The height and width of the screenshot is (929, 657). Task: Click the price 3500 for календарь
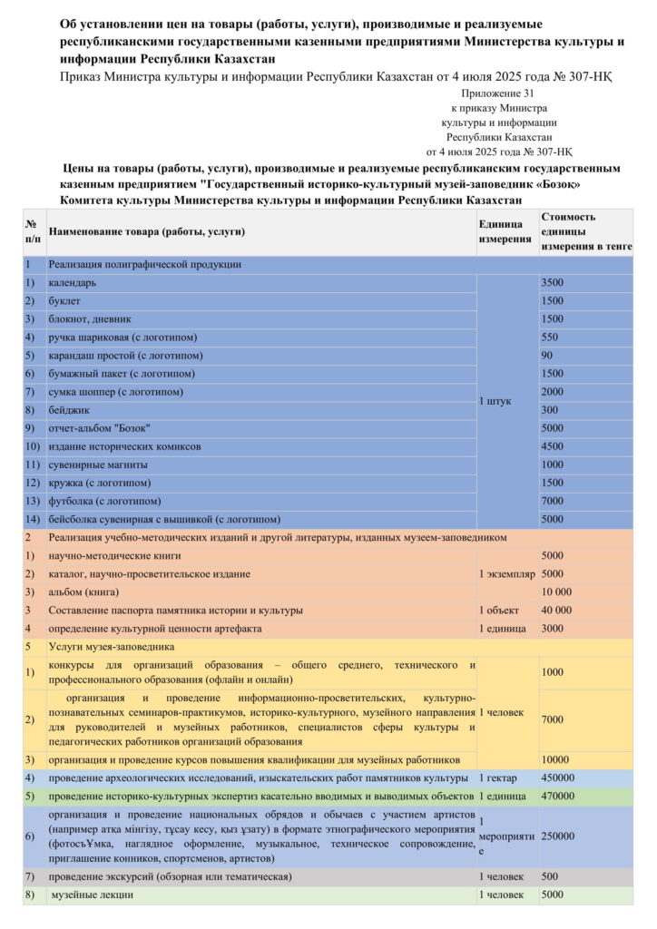(553, 283)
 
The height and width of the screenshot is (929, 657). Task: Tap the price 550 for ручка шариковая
(550, 337)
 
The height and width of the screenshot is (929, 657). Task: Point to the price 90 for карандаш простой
(547, 356)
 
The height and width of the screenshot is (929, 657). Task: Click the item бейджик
(68, 410)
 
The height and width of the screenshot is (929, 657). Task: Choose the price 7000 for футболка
(553, 501)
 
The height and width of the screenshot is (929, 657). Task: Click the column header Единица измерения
(505, 231)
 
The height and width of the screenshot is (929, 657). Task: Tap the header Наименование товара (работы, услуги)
(146, 232)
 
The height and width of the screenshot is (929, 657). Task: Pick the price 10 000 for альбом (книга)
(556, 592)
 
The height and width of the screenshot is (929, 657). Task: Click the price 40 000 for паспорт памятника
(556, 610)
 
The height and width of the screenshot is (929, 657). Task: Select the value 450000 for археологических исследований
(558, 777)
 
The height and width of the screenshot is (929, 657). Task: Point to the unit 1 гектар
(499, 777)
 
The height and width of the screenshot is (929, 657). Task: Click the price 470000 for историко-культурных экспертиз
(558, 796)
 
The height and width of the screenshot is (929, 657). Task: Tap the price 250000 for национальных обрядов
(558, 836)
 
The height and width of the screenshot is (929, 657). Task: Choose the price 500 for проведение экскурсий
(550, 877)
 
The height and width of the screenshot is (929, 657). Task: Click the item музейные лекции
(93, 895)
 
